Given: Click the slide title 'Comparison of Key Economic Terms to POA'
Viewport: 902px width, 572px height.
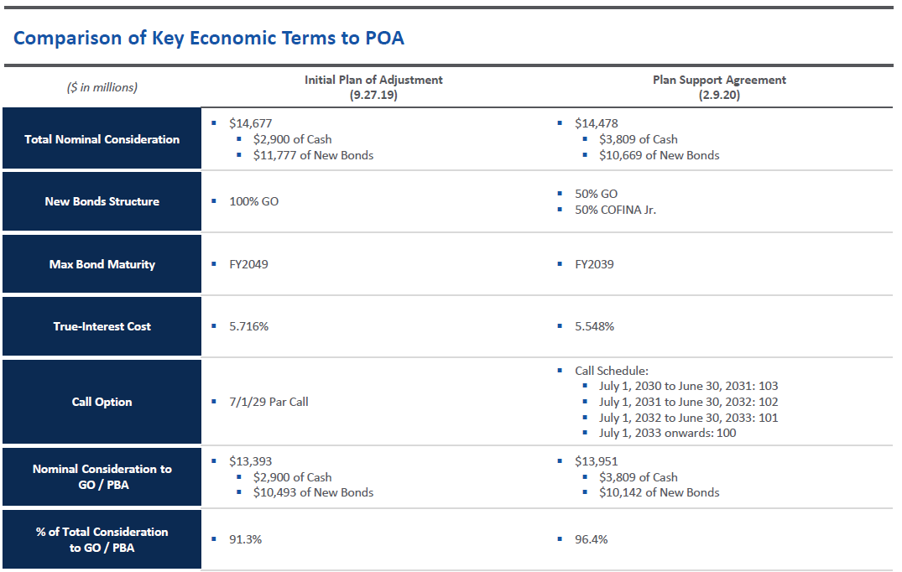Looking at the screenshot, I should click(x=209, y=38).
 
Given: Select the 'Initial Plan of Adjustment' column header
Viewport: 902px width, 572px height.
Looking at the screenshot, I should click(x=373, y=80).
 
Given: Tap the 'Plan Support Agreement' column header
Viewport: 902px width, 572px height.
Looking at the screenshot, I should click(x=719, y=80).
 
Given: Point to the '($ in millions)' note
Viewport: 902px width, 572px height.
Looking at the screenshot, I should click(x=102, y=87).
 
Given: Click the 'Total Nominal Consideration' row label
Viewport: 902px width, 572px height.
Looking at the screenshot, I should click(x=102, y=139).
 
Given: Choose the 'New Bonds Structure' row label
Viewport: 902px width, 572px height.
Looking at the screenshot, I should click(x=102, y=201).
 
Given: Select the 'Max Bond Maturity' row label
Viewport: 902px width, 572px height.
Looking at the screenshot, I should click(x=102, y=264).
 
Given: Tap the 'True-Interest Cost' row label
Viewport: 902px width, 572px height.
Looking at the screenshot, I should click(x=102, y=326).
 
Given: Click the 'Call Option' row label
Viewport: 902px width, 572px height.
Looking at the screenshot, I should click(x=102, y=402).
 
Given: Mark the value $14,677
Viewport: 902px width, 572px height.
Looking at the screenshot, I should click(x=250, y=123).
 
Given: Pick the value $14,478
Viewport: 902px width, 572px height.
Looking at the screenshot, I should click(x=596, y=123).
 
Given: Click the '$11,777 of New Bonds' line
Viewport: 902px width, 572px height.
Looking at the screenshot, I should click(x=313, y=155).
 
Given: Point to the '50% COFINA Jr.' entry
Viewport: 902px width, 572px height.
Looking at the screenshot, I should click(x=615, y=210).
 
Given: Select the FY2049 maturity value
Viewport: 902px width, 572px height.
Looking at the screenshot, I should click(x=248, y=264).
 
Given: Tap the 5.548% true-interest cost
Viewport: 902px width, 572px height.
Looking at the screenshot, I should click(x=594, y=326).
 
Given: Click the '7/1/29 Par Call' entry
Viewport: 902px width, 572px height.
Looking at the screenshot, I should click(x=269, y=402).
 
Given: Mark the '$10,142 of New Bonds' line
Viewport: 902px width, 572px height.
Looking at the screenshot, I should click(x=659, y=492).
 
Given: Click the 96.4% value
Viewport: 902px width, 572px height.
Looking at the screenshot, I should click(x=591, y=539).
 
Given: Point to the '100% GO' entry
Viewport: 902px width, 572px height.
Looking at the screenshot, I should click(x=253, y=201).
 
